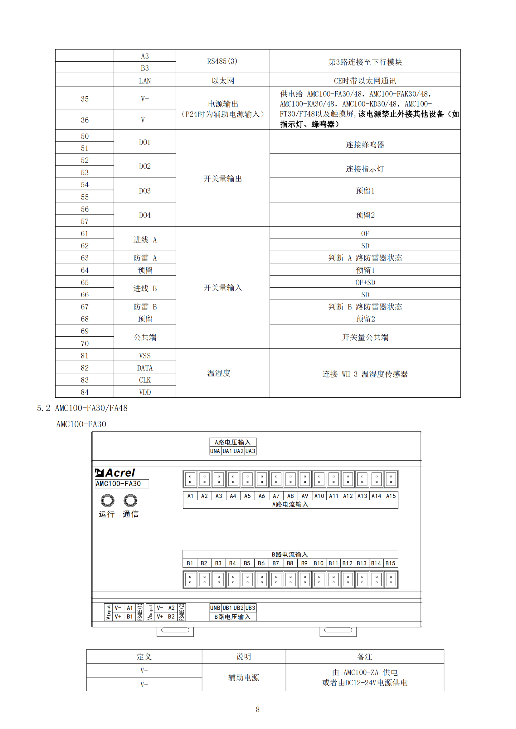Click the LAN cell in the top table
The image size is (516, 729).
(x=145, y=81)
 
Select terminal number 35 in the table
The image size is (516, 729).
(x=85, y=99)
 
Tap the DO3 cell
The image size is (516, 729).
(x=145, y=191)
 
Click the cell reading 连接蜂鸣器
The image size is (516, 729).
(x=365, y=145)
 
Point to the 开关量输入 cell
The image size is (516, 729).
(x=223, y=288)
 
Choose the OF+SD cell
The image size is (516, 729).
(x=365, y=283)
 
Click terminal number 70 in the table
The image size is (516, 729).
(x=85, y=343)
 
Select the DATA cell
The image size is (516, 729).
(x=145, y=368)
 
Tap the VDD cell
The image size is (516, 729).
(x=145, y=392)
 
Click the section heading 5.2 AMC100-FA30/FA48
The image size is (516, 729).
(x=82, y=408)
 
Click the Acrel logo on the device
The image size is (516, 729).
(x=115, y=473)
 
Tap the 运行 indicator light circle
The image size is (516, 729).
(x=107, y=501)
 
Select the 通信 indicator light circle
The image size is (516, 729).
(x=130, y=501)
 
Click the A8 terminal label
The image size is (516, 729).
(x=290, y=496)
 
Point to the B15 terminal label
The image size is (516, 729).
(x=390, y=563)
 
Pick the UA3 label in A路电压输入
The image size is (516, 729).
(x=250, y=451)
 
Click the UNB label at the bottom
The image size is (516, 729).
(x=215, y=608)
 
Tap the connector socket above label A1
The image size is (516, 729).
(x=190, y=479)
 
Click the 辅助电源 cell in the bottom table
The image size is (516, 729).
(x=244, y=678)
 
